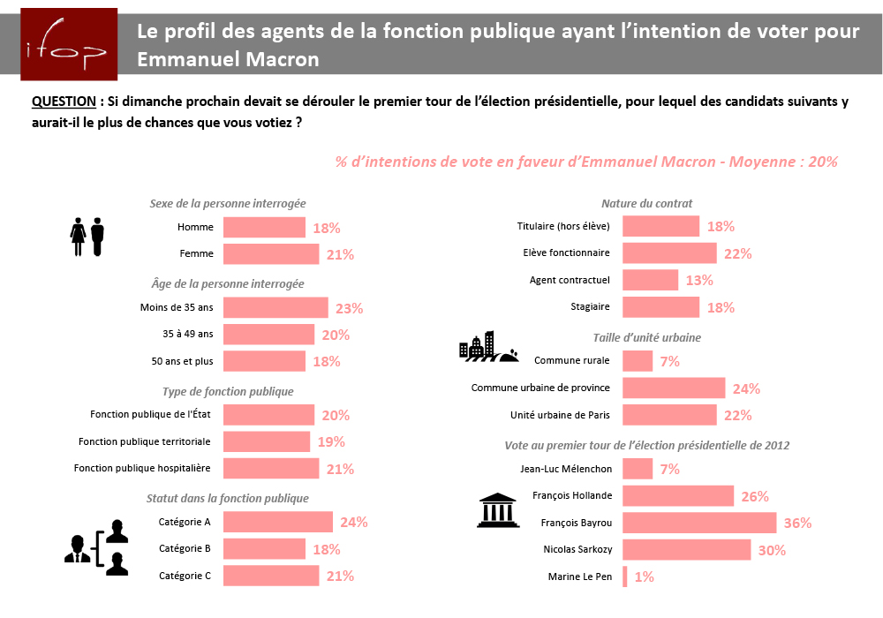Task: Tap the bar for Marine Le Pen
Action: [625, 577]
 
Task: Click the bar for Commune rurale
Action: [638, 361]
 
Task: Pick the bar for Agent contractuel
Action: [651, 280]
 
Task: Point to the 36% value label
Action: [797, 523]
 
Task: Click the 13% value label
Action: [699, 280]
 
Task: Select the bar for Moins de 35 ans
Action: [275, 307]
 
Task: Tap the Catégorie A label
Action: [185, 522]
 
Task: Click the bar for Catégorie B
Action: [264, 548]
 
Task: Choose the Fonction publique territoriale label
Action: [145, 441]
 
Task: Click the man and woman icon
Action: [87, 237]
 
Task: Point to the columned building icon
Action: [497, 509]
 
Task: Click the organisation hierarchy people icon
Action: [96, 547]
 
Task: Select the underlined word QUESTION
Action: [64, 102]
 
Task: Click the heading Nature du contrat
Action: [646, 204]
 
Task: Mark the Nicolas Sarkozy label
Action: [577, 549]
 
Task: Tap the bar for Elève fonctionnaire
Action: [669, 253]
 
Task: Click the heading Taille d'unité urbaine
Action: [646, 337]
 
